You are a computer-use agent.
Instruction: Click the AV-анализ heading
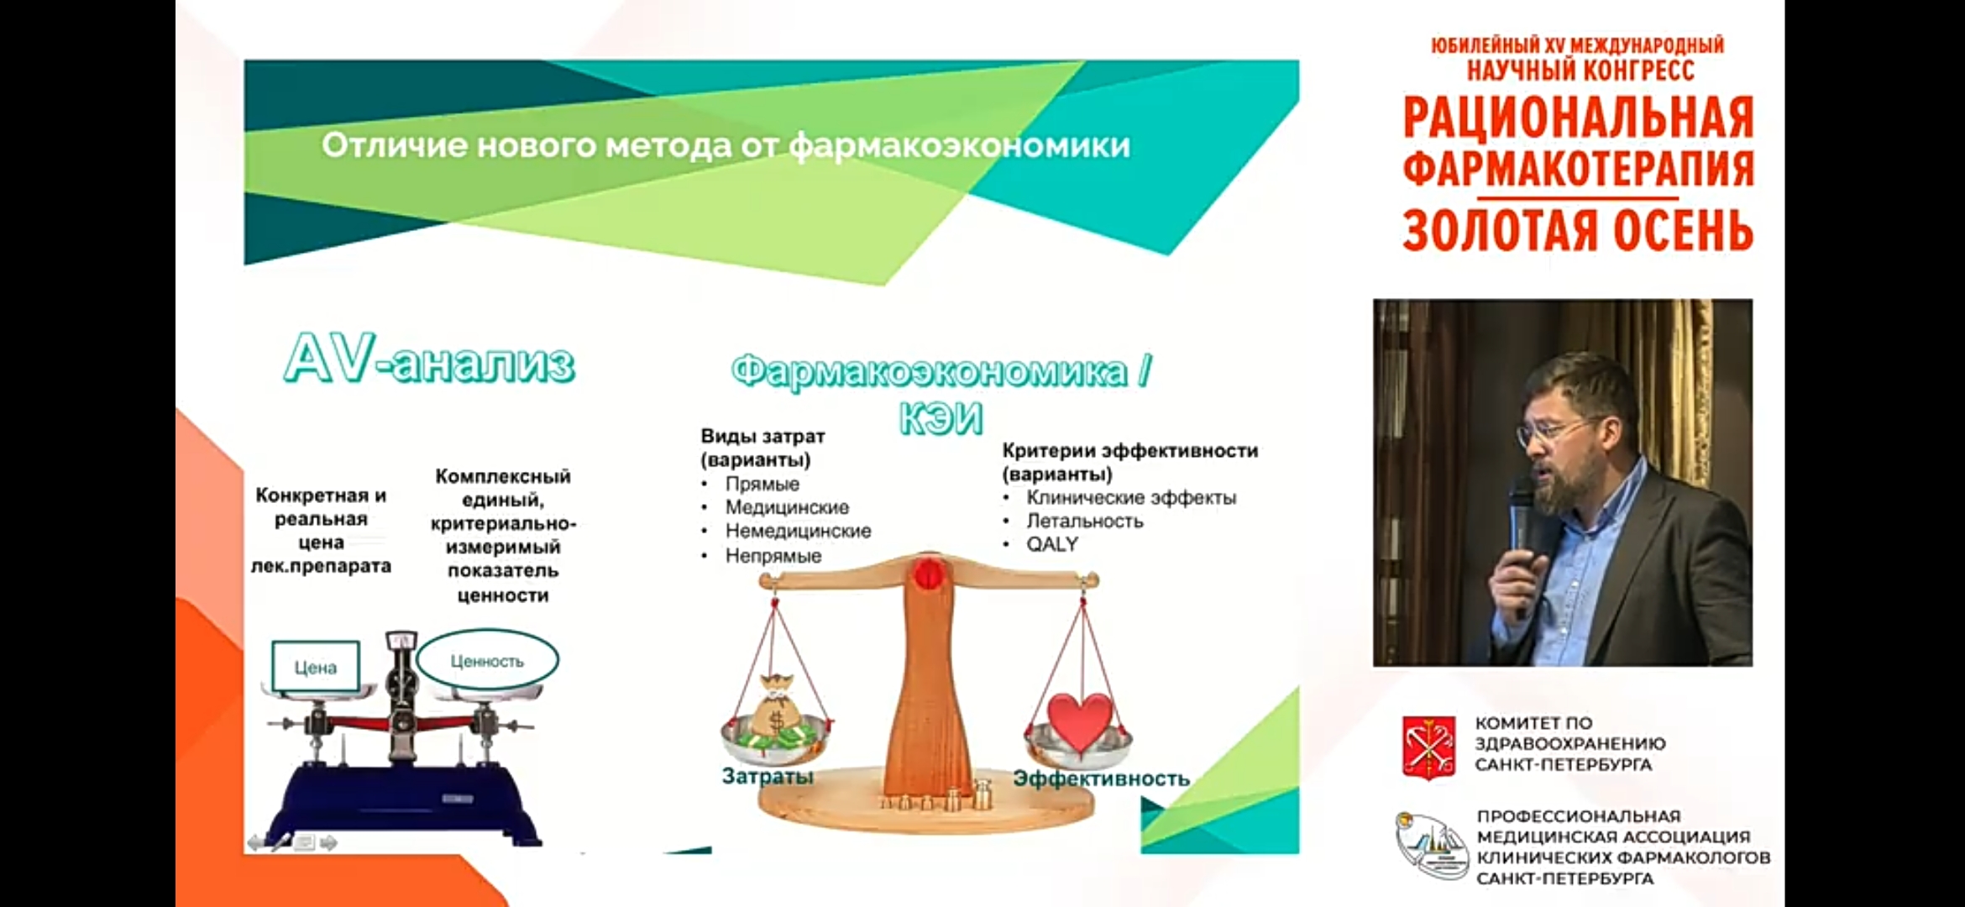(x=429, y=360)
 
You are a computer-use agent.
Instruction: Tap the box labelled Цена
(x=316, y=667)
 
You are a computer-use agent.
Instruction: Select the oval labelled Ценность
(x=487, y=660)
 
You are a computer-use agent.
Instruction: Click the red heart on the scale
(x=1080, y=721)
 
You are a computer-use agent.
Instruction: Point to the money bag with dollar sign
(x=775, y=705)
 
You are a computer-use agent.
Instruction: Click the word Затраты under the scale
(x=768, y=776)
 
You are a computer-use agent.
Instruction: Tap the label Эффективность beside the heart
(x=1101, y=779)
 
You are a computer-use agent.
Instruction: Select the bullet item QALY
(x=1051, y=544)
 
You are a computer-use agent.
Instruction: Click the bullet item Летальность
(x=1084, y=521)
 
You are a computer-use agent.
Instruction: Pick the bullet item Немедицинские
(x=798, y=531)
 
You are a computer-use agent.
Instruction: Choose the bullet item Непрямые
(x=773, y=556)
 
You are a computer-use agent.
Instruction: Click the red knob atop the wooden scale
(x=928, y=574)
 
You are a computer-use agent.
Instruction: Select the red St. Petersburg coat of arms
(x=1428, y=747)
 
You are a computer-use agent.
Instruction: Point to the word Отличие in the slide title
(x=394, y=145)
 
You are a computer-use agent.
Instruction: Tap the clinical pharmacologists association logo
(x=1432, y=845)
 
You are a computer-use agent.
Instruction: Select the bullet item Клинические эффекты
(x=1131, y=497)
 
